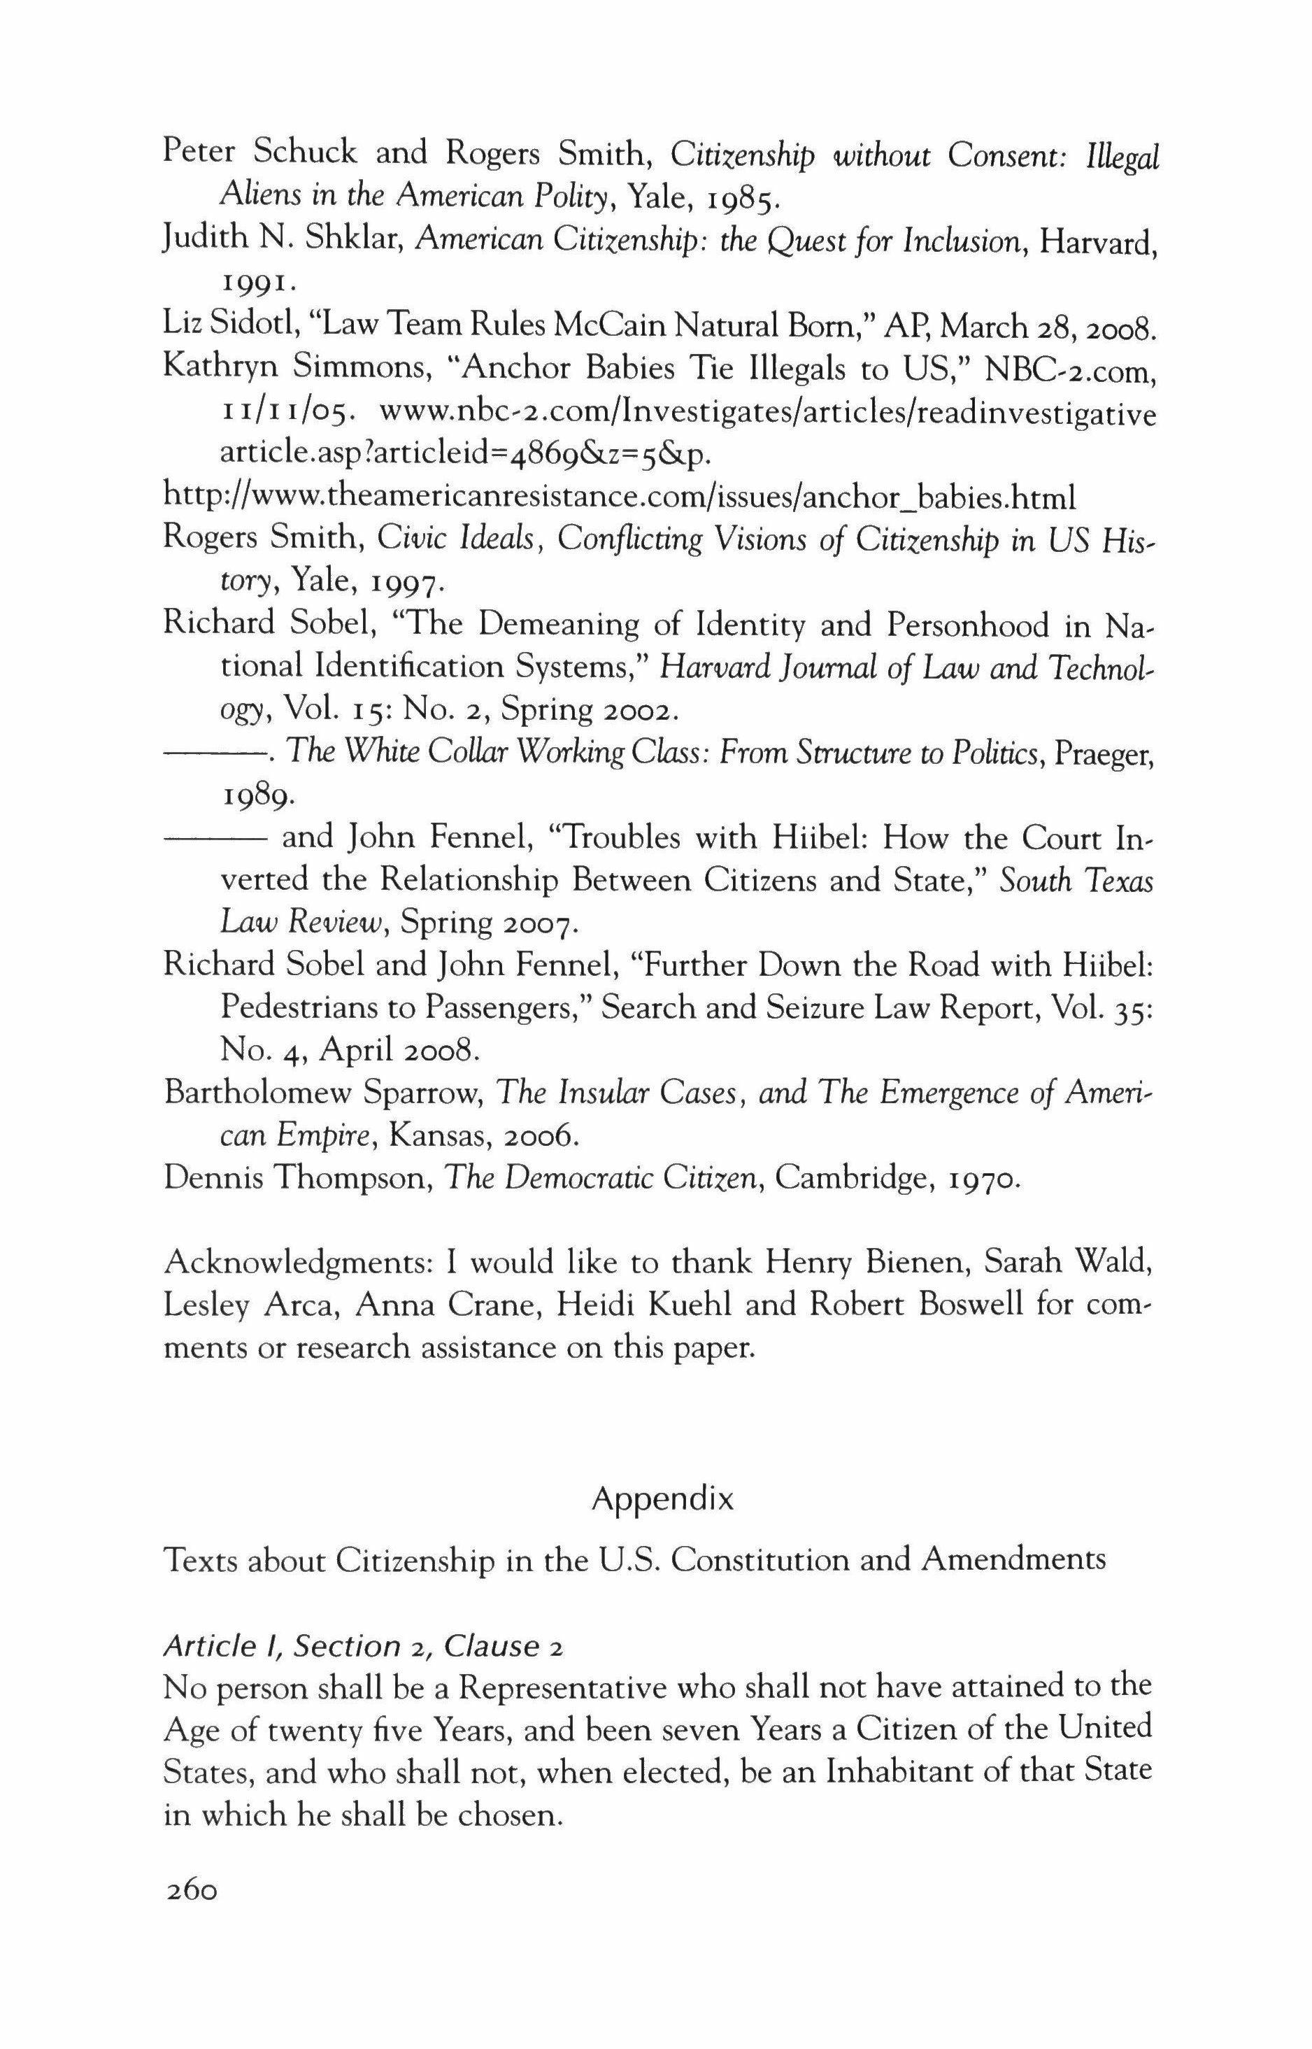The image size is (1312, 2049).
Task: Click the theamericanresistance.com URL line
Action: (x=620, y=495)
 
